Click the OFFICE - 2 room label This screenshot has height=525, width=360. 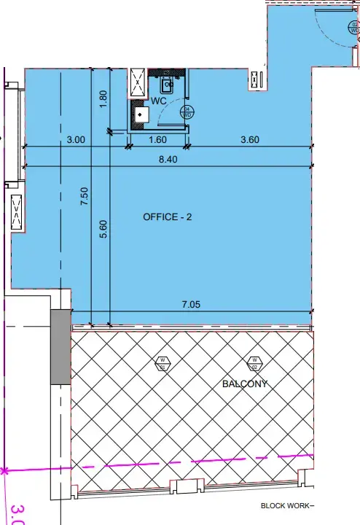[168, 217]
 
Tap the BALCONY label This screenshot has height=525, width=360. [245, 384]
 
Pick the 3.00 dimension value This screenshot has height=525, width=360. [77, 139]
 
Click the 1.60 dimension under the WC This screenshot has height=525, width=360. [157, 139]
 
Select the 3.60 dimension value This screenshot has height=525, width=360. [249, 139]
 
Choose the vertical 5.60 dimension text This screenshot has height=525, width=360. [103, 230]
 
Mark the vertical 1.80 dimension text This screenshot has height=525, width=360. [103, 99]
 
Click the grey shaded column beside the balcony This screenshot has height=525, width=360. [60, 347]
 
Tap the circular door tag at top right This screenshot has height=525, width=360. [353, 28]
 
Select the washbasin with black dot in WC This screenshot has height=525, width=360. [140, 114]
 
